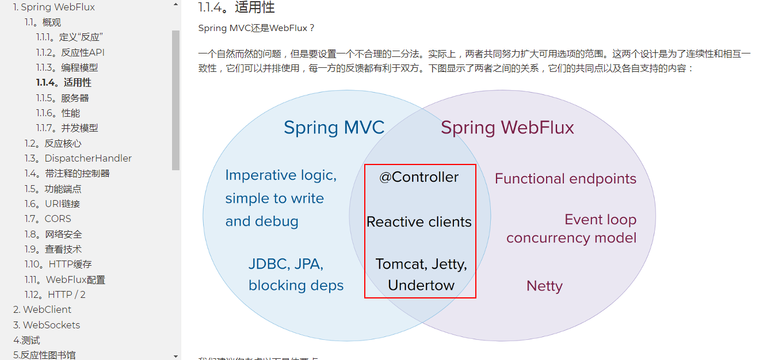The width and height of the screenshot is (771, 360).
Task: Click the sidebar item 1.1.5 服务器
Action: click(x=63, y=98)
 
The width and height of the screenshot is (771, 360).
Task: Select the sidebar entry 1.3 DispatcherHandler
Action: click(x=78, y=158)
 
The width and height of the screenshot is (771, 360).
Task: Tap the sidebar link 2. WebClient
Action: click(x=43, y=309)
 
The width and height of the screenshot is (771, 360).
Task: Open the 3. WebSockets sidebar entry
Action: click(x=47, y=325)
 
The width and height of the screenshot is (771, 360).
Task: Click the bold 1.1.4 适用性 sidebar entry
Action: click(x=64, y=83)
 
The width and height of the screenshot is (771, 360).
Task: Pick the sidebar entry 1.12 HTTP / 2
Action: click(x=55, y=294)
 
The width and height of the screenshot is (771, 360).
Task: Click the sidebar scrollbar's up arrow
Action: click(x=175, y=5)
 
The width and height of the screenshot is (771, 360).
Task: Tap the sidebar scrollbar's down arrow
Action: click(x=175, y=356)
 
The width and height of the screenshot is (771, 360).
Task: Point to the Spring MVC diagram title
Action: click(x=334, y=127)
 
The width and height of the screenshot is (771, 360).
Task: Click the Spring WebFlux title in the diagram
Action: click(x=507, y=127)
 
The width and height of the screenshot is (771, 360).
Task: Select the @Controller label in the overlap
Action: click(x=419, y=177)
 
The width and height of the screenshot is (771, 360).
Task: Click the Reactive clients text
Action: click(x=419, y=222)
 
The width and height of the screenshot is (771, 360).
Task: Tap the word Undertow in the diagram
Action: click(x=421, y=285)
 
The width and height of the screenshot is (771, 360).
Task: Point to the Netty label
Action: click(x=544, y=286)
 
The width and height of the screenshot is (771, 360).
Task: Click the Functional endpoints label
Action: click(x=565, y=179)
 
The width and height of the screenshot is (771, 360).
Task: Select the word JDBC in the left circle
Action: click(x=268, y=264)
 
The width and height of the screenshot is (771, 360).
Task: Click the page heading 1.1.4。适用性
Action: click(x=236, y=7)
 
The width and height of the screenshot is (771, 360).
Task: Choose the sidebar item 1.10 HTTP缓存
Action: click(x=58, y=264)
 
